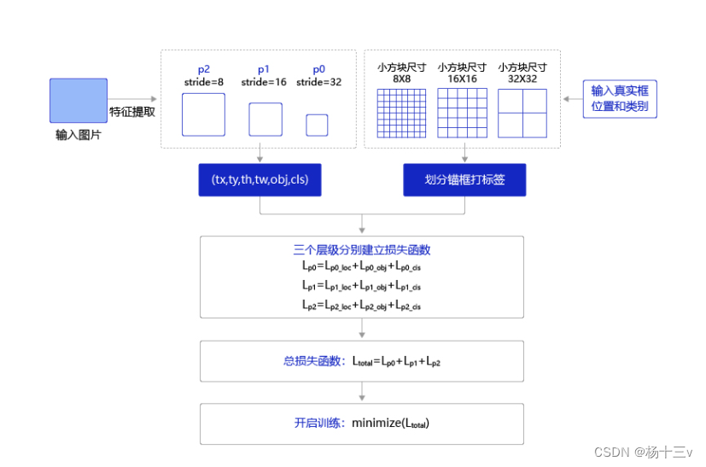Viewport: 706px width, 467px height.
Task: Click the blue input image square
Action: pyautogui.click(x=79, y=101)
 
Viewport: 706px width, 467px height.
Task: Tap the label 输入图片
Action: pyautogui.click(x=79, y=135)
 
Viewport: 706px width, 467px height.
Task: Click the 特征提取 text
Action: pyautogui.click(x=132, y=112)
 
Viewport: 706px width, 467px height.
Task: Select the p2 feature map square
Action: pyautogui.click(x=203, y=114)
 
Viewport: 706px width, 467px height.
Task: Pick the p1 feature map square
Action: pyautogui.click(x=265, y=120)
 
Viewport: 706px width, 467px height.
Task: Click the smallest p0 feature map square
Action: pyautogui.click(x=317, y=126)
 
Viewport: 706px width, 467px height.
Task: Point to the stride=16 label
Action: pyautogui.click(x=264, y=82)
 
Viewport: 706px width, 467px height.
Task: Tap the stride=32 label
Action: pyautogui.click(x=318, y=82)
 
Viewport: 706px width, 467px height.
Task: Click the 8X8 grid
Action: pyautogui.click(x=401, y=113)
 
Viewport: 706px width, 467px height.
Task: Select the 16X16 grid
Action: pyautogui.click(x=463, y=113)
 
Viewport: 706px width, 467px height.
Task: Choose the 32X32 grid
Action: pyautogui.click(x=522, y=113)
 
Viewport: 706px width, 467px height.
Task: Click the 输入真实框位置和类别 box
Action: pyautogui.click(x=620, y=99)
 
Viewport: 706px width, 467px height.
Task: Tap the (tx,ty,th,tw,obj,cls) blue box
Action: pyautogui.click(x=260, y=179)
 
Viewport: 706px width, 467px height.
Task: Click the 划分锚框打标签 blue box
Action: pyautogui.click(x=464, y=179)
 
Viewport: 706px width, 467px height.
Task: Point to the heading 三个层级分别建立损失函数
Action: pyautogui.click(x=362, y=249)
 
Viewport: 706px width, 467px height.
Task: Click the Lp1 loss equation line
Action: pyautogui.click(x=362, y=285)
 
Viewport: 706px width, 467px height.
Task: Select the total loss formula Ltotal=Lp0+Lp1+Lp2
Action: pyautogui.click(x=396, y=361)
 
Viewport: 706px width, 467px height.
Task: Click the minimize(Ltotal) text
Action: pyautogui.click(x=390, y=423)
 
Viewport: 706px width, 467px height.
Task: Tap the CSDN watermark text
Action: pyautogui.click(x=644, y=452)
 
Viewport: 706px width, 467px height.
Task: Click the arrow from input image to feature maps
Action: pyautogui.click(x=132, y=99)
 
